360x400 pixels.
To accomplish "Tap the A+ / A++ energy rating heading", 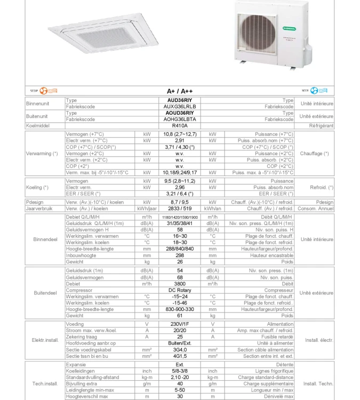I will pos(179,91).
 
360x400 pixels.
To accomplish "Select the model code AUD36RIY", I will pos(179,100).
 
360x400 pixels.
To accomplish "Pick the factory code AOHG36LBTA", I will pos(179,119).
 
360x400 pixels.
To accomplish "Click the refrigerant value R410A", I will pos(179,126).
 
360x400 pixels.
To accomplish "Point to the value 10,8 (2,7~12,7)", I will pos(179,134).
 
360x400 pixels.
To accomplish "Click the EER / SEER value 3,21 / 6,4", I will pos(179,194).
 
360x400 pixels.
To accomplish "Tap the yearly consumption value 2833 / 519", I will pos(179,209).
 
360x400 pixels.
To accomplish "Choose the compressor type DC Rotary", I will pos(179,290).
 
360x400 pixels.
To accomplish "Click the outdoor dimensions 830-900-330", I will pos(179,309).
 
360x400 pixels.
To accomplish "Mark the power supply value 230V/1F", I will pos(179,324).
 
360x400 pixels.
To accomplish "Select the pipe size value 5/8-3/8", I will pos(179,371).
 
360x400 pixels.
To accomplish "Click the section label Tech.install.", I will pos(45,383).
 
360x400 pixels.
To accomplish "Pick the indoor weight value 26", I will pos(179,262).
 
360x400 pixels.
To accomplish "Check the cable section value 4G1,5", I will pos(179,356).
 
